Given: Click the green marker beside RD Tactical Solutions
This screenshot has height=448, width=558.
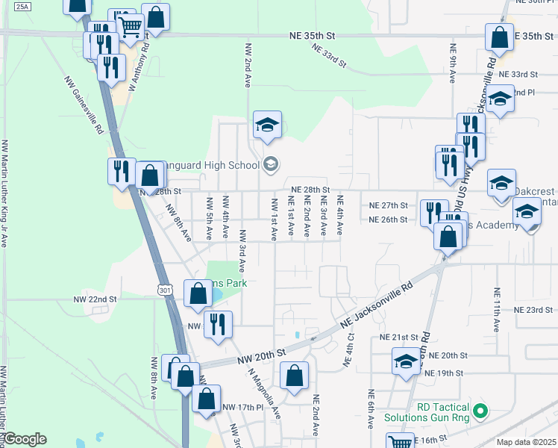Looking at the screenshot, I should coord(480,411).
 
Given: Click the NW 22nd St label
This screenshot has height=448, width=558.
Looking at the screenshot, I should coord(95,299).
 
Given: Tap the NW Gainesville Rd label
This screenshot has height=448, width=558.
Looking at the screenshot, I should coord(83,105).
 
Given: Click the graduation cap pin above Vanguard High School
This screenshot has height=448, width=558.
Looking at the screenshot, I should coord(266,125).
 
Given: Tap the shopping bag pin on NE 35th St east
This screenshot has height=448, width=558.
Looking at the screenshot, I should coord(499,38).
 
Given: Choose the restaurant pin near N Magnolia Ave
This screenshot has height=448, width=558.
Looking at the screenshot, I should coord(218,324).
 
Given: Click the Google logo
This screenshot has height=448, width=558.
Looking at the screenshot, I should coord(25,439).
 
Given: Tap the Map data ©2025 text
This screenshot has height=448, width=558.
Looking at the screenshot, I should coord(526,442).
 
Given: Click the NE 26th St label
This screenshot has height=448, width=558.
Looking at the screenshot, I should coord(388,220).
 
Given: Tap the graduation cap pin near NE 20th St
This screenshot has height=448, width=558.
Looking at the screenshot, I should coord(405,362).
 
